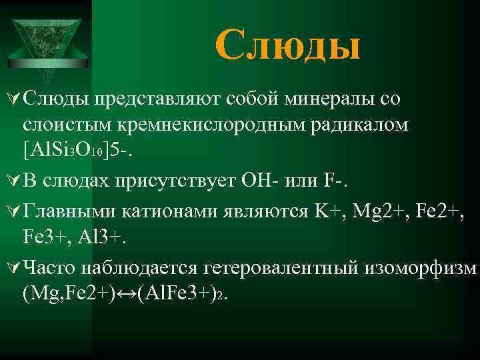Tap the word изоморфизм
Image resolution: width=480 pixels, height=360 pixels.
[423, 268]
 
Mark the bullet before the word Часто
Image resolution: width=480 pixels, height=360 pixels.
[12, 267]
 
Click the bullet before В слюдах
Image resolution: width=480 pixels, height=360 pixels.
[12, 179]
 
